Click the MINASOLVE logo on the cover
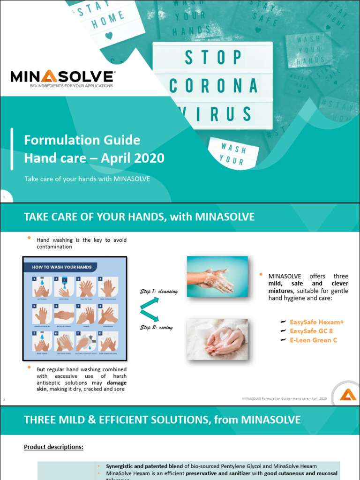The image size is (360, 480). click(x=62, y=78)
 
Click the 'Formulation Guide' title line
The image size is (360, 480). click(x=82, y=140)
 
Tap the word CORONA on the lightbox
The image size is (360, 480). click(x=213, y=86)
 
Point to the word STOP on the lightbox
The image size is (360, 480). click(x=213, y=58)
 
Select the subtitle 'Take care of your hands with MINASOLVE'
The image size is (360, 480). click(x=87, y=179)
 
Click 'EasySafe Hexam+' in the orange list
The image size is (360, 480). click(x=316, y=322)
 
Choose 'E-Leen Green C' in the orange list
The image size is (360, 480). click(x=313, y=340)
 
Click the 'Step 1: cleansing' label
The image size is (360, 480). click(x=159, y=292)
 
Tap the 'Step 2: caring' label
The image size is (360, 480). click(x=156, y=328)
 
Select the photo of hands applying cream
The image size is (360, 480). click(x=217, y=339)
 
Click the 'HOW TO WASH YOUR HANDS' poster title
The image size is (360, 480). click(x=61, y=267)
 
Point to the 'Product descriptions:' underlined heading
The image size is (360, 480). click(x=53, y=447)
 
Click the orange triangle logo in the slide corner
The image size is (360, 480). click(x=347, y=394)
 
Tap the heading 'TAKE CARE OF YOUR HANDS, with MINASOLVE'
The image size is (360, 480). click(x=139, y=217)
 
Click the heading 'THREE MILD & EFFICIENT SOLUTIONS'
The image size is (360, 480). click(x=162, y=420)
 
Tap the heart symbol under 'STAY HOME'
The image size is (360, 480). click(x=109, y=35)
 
